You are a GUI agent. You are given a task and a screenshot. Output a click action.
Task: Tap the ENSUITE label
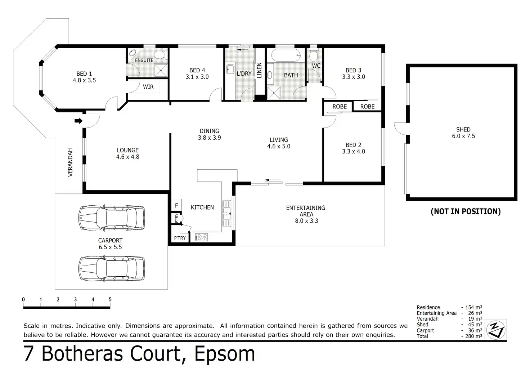click(x=144, y=61)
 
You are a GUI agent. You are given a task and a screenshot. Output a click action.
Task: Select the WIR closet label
click(x=148, y=87)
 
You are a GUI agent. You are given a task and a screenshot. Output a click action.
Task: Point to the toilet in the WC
click(x=314, y=56)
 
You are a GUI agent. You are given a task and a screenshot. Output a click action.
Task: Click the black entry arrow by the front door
click(x=78, y=121)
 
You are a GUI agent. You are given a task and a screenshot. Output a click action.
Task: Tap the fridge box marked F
click(x=176, y=205)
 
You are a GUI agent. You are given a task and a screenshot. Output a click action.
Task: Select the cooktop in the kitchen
click(x=201, y=237)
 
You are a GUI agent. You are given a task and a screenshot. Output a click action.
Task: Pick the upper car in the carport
click(x=112, y=218)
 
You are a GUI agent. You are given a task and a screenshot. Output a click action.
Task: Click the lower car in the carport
click(x=112, y=268)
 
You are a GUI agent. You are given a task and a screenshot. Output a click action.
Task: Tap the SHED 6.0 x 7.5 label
click(x=463, y=133)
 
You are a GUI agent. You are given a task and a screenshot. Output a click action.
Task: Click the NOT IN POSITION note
click(x=466, y=211)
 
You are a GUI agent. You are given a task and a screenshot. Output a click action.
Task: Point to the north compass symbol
click(x=496, y=330)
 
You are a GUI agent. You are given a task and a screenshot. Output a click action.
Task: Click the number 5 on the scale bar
click(x=110, y=299)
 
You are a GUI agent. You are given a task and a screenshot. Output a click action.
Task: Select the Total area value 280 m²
click(x=474, y=336)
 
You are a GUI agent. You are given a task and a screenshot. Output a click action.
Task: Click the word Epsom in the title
click(x=225, y=354)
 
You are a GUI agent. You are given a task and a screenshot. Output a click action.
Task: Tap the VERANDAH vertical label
click(x=70, y=162)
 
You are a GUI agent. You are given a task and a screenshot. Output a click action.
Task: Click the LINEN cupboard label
click(x=260, y=70)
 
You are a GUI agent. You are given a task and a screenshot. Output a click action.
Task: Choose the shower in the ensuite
click(x=161, y=70)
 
